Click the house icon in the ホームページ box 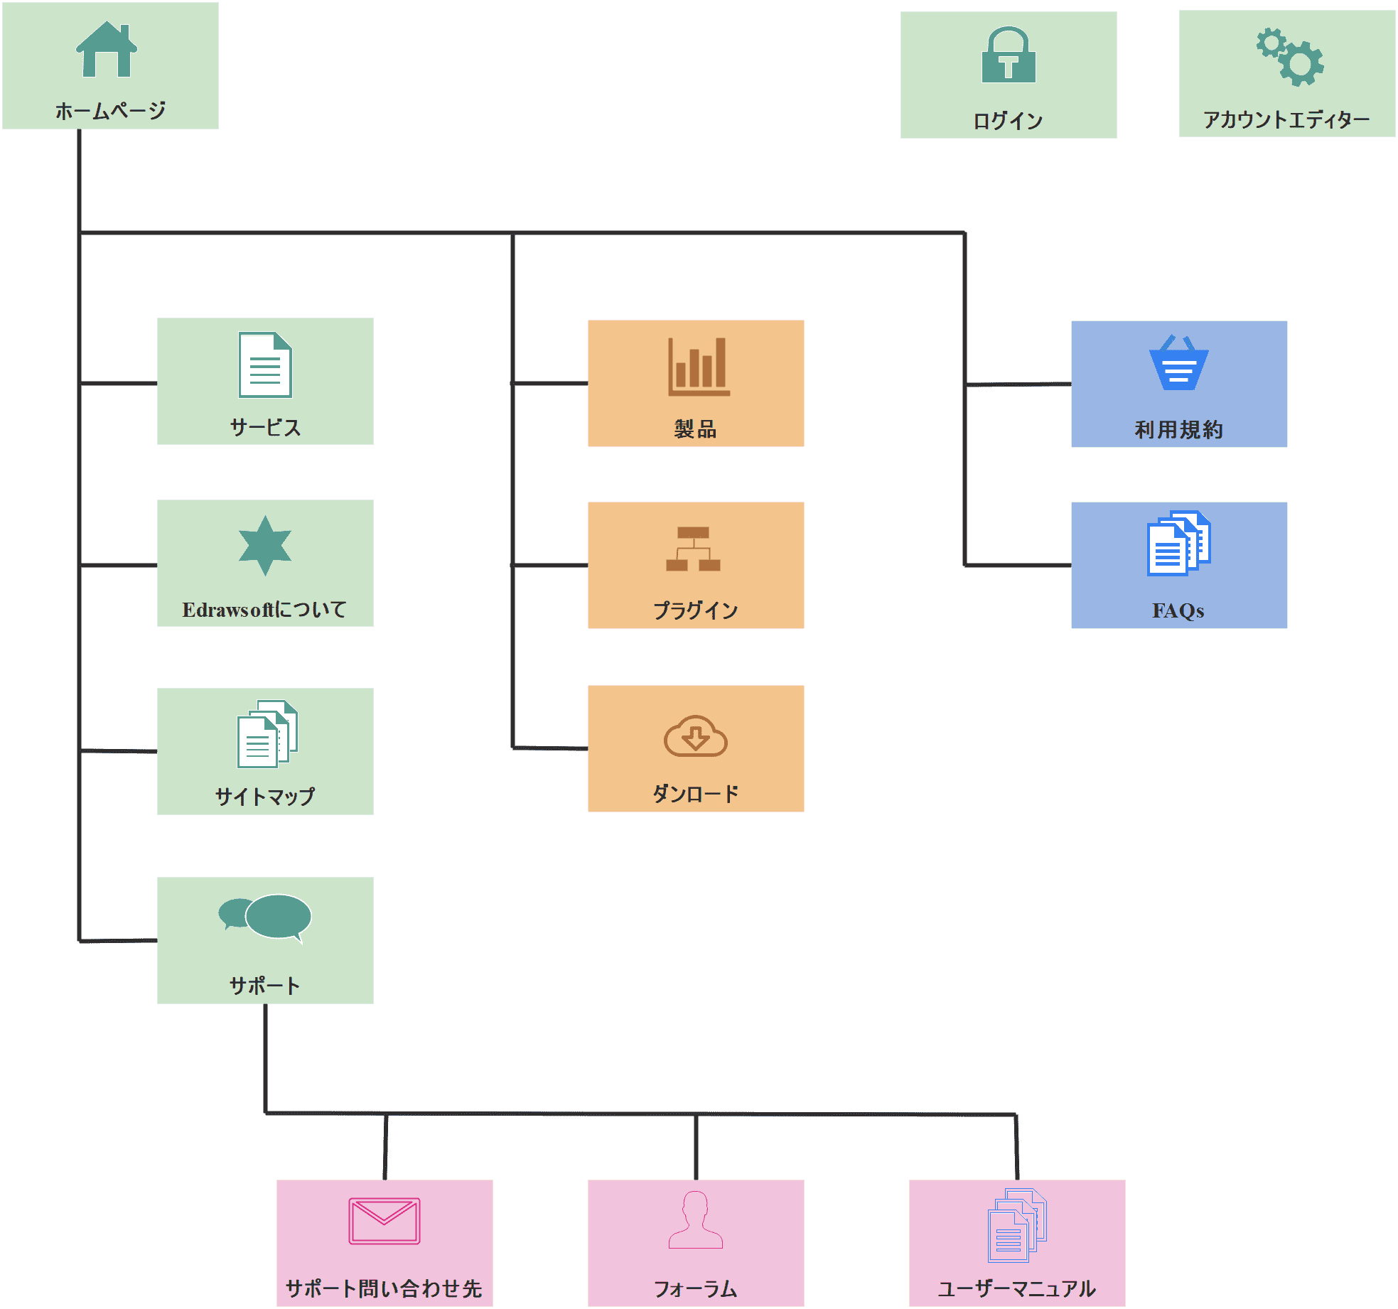[x=107, y=50]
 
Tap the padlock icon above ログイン [x=1009, y=55]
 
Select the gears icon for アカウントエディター [x=1289, y=57]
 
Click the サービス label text [x=265, y=427]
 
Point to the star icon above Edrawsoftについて [x=265, y=545]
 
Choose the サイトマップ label [x=265, y=797]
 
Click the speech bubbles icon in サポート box [x=265, y=917]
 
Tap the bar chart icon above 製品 [x=698, y=366]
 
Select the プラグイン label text [x=695, y=610]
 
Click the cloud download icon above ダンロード [x=695, y=736]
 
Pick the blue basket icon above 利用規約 [x=1178, y=363]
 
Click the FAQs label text [x=1178, y=610]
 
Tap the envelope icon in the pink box [x=384, y=1221]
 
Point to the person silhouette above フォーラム [x=695, y=1219]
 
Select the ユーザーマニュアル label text [x=1016, y=1288]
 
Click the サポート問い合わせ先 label [x=384, y=1288]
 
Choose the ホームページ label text [x=110, y=111]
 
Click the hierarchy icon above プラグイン [x=693, y=549]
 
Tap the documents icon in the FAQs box [x=1178, y=543]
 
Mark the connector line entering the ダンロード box [x=551, y=748]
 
